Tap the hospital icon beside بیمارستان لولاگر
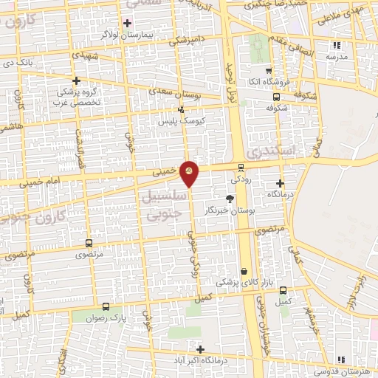(128, 23)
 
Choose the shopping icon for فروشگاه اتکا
(275, 82)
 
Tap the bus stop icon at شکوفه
(276, 96)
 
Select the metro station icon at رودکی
(241, 166)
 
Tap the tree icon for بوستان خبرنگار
(230, 199)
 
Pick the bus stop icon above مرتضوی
(89, 243)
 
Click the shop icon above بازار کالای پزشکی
(243, 272)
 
